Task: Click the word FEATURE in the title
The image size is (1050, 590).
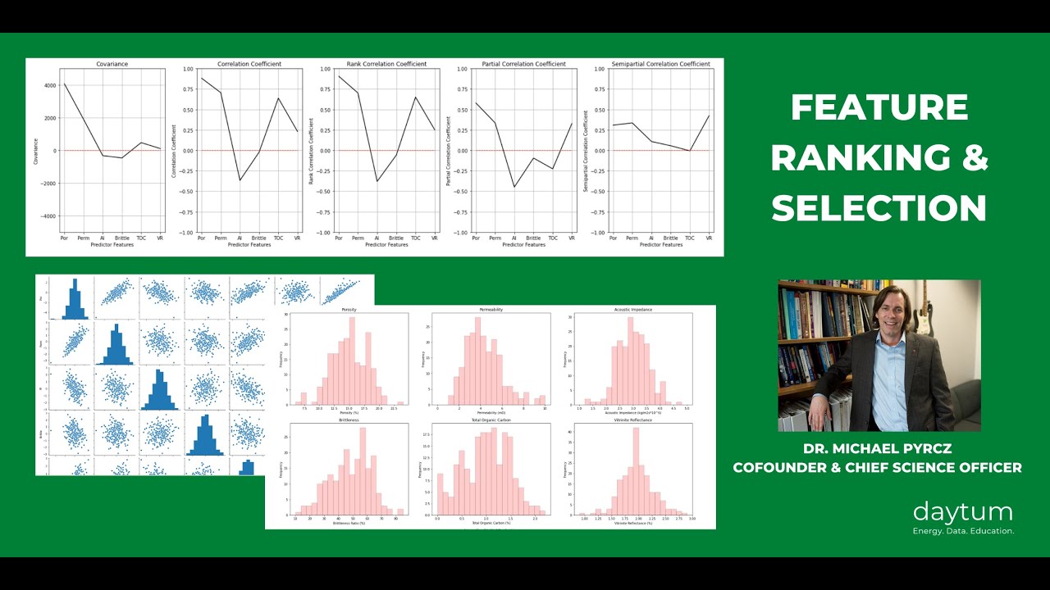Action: click(x=879, y=108)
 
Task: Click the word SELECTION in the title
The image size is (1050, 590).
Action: click(x=879, y=209)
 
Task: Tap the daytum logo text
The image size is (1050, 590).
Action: click(x=963, y=513)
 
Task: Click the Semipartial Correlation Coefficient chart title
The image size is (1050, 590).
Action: click(x=660, y=64)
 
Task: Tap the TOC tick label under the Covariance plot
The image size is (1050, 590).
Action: click(x=140, y=238)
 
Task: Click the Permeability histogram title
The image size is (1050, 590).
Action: click(x=491, y=310)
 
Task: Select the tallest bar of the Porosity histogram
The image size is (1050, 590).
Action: click(x=352, y=361)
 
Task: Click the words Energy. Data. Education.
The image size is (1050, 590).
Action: click(x=963, y=531)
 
